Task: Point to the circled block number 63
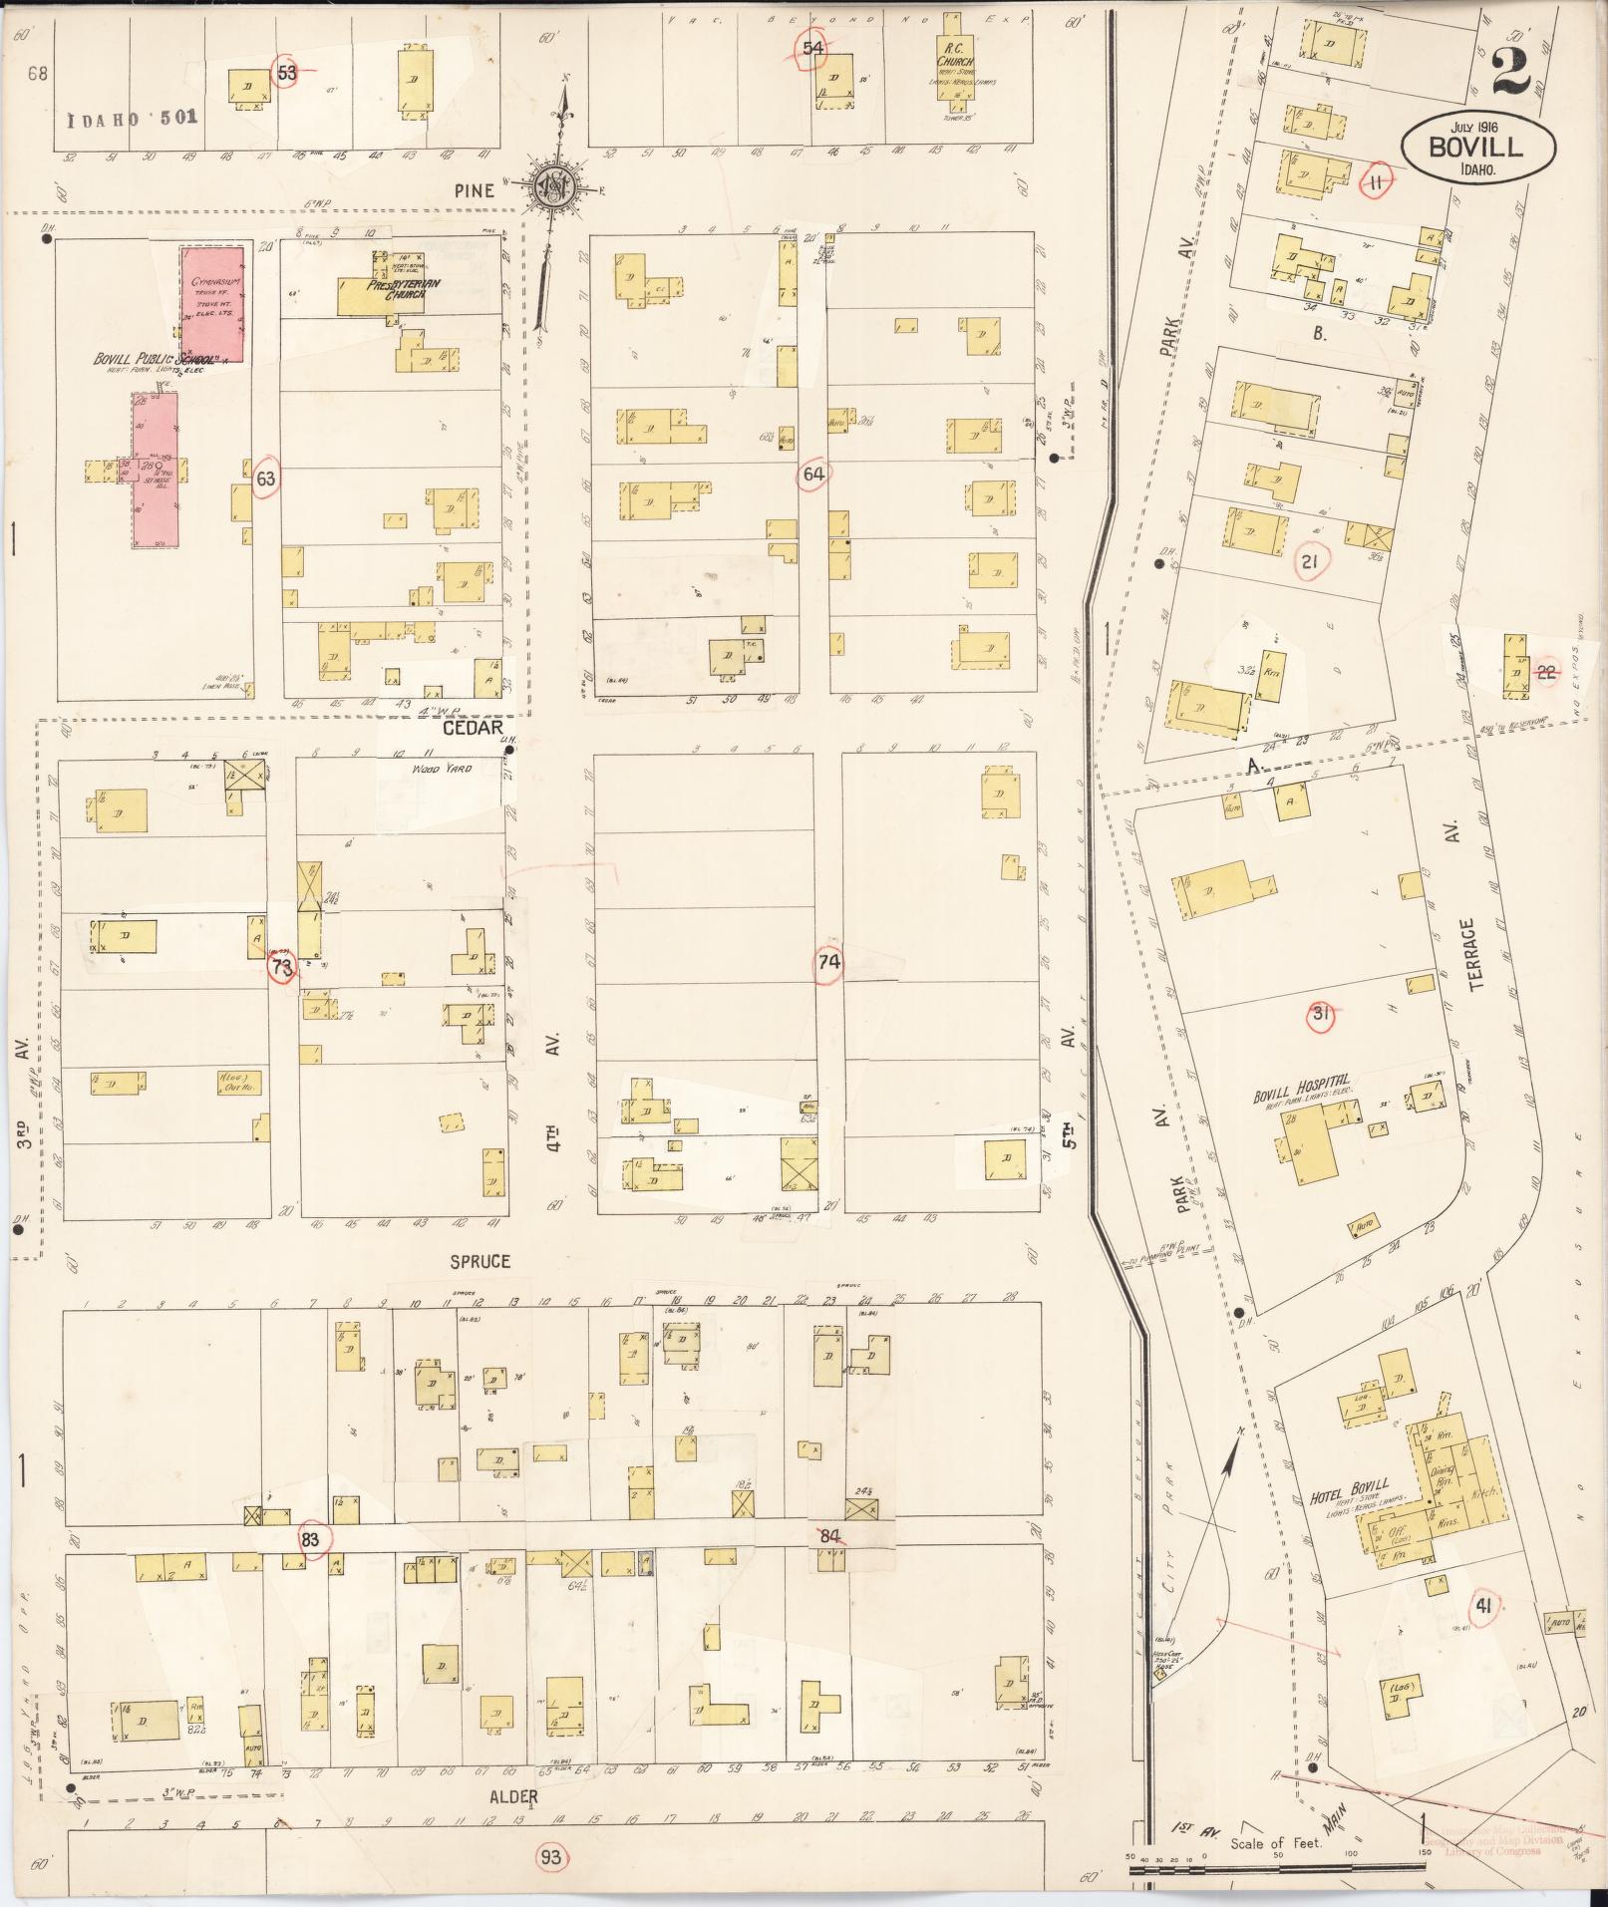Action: [265, 478]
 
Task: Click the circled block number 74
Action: [828, 962]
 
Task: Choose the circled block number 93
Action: [549, 1857]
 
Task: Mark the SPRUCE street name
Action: [480, 1261]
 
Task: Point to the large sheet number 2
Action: [1511, 72]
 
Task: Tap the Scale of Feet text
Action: [1276, 1843]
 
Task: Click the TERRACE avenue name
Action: [1476, 953]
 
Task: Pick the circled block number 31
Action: [1321, 1015]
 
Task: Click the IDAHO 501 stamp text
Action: [133, 117]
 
